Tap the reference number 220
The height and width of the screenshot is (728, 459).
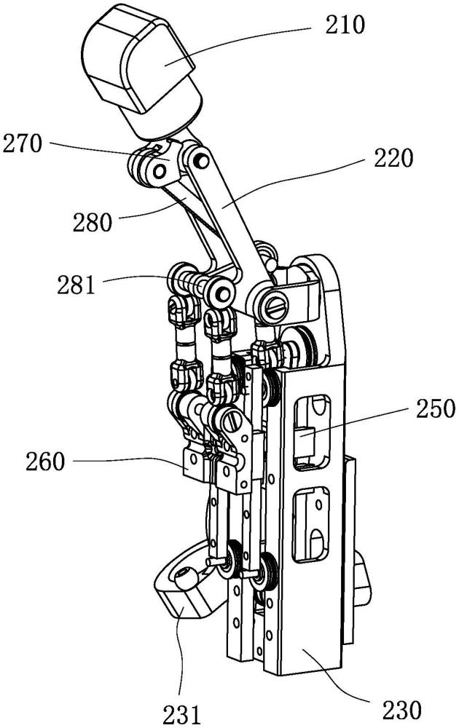coord(392,157)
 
